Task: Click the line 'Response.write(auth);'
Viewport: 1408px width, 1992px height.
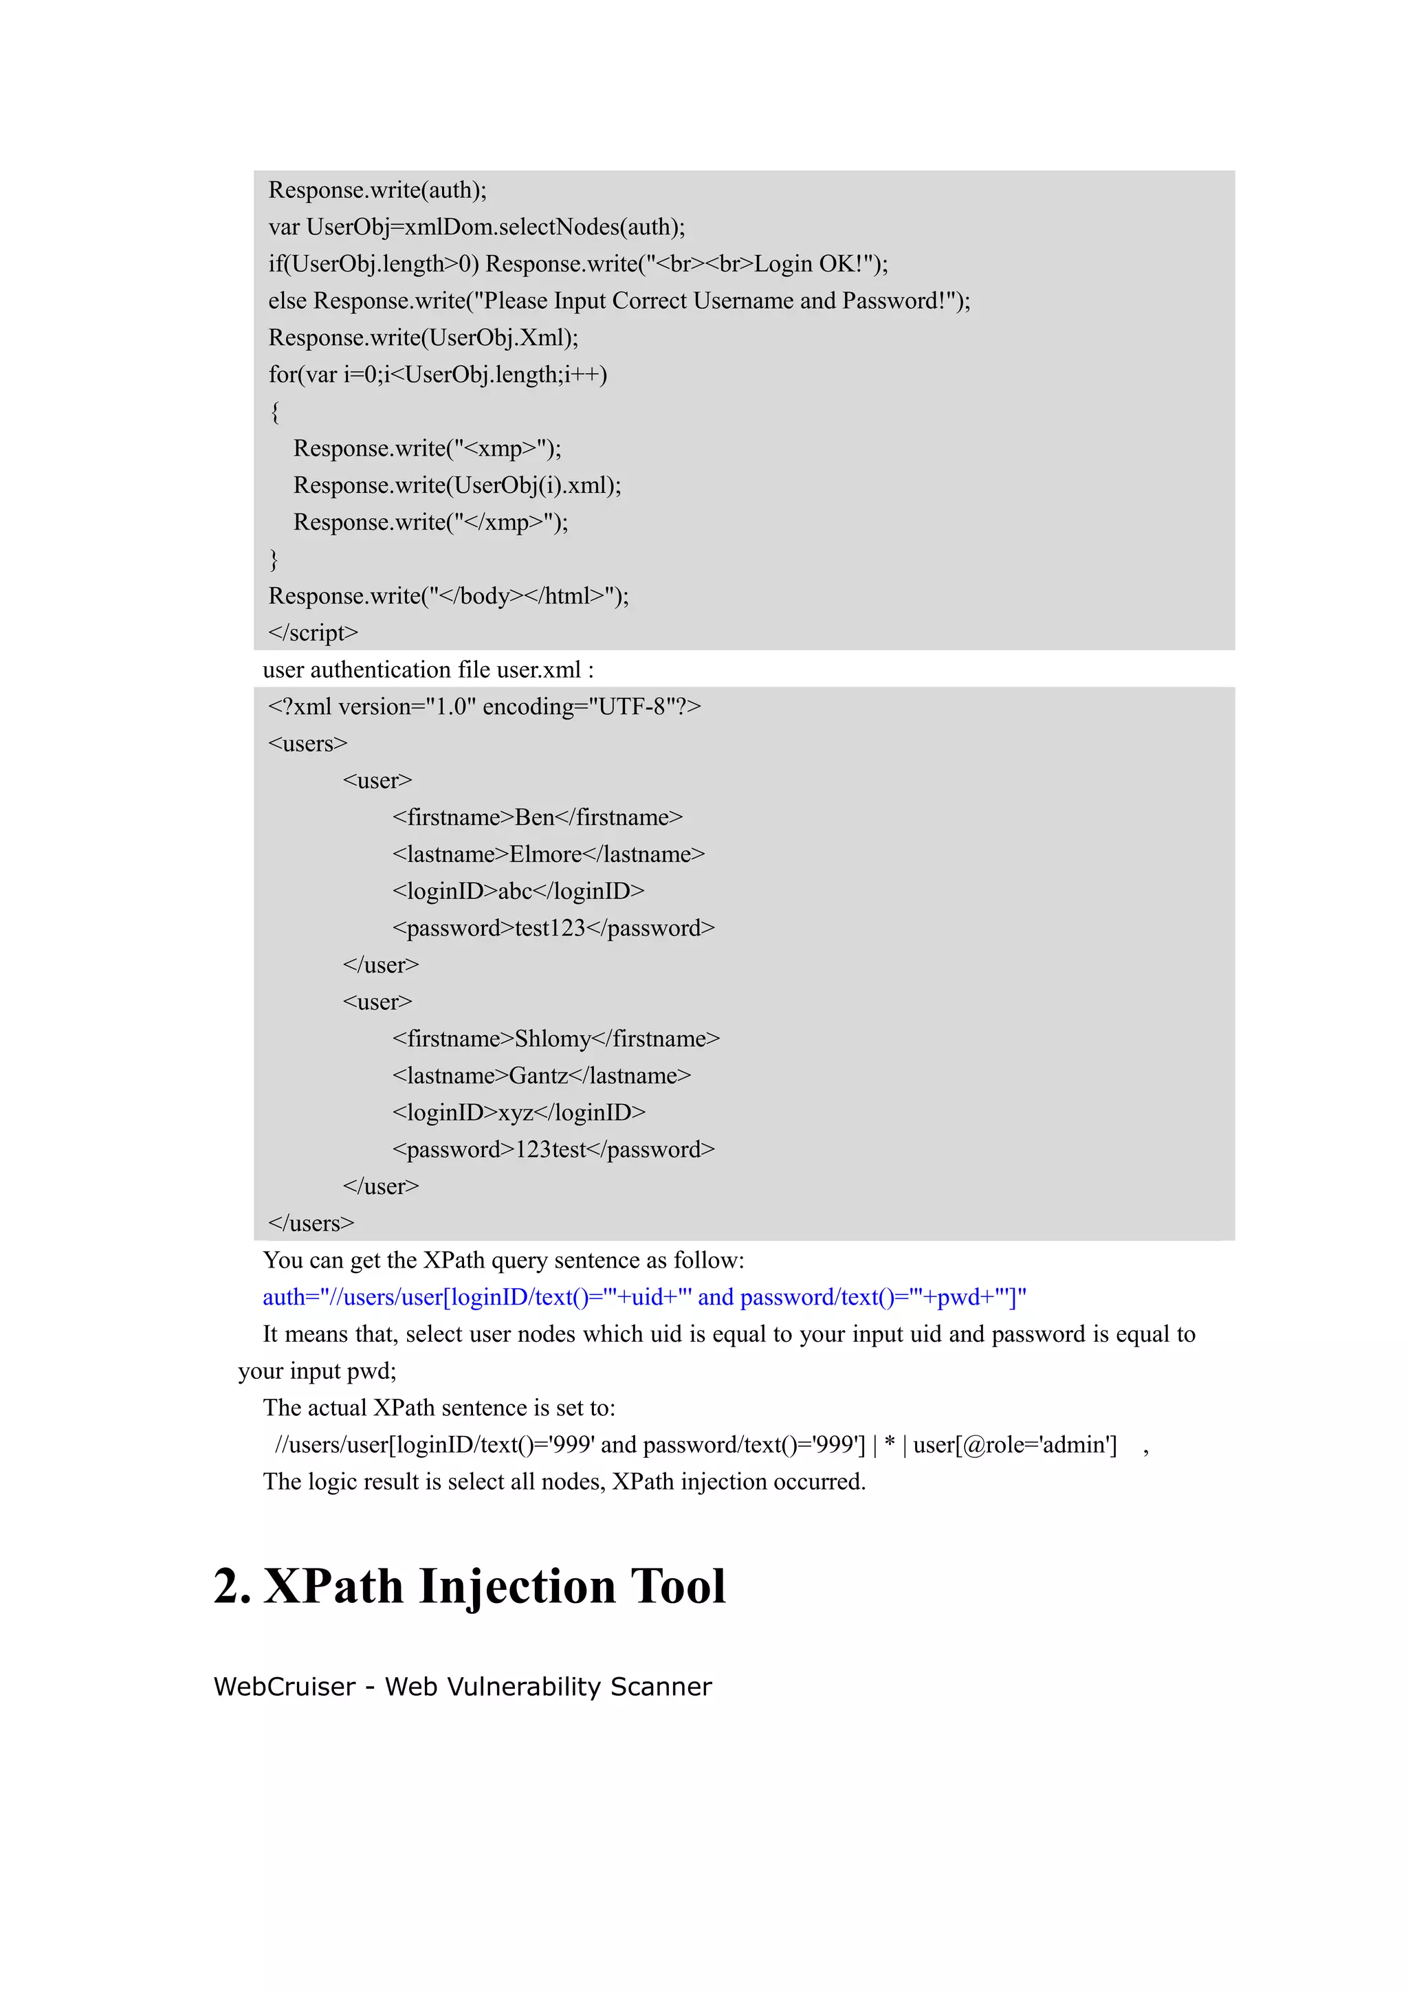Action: tap(377, 190)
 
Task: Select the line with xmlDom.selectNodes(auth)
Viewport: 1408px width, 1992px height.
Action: tap(476, 228)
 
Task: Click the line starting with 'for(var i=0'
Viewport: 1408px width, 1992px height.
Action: tap(437, 375)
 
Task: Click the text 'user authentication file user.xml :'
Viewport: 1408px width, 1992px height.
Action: tap(428, 669)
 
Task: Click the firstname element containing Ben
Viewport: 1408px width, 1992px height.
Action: tap(537, 817)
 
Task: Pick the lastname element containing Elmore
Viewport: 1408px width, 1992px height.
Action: tap(548, 854)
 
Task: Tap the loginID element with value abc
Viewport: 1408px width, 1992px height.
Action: tap(518, 891)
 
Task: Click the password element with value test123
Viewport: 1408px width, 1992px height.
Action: tap(553, 929)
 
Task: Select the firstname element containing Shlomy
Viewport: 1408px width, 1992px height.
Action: tap(555, 1039)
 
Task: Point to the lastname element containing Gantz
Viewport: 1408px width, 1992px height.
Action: tap(541, 1076)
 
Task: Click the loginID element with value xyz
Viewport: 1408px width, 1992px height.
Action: tap(518, 1112)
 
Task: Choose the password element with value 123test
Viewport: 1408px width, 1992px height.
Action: tap(553, 1149)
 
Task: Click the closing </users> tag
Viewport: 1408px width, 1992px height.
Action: tap(311, 1224)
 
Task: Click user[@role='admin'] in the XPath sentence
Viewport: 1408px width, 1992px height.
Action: tap(1014, 1445)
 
